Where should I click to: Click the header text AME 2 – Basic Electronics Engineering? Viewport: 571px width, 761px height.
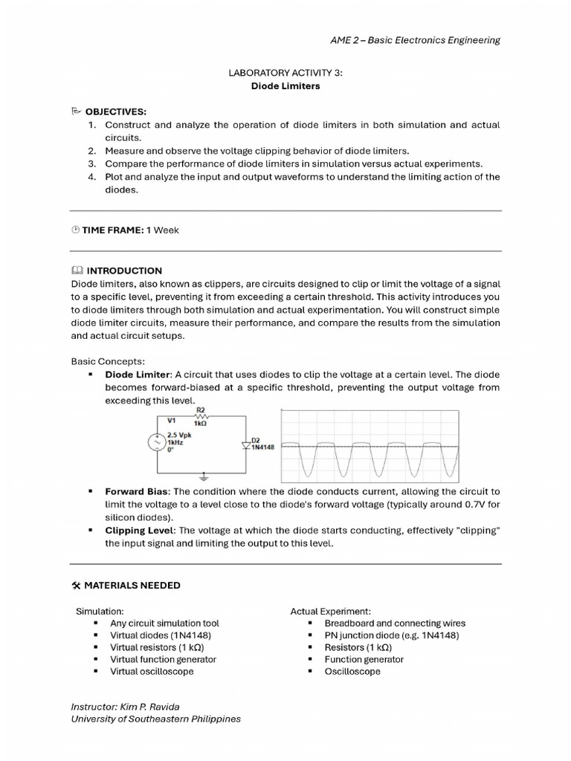415,40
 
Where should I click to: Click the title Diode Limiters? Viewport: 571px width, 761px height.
285,85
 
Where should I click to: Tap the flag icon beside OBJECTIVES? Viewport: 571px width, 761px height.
76,111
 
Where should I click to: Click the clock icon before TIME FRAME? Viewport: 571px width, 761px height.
75,230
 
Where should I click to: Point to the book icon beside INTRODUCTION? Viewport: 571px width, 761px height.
77,271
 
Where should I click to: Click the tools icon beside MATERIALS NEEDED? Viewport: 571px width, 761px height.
76,586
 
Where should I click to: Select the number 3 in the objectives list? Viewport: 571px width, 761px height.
92,163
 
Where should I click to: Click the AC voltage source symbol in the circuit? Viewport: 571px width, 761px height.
158,442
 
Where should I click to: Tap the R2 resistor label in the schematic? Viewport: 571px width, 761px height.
200,410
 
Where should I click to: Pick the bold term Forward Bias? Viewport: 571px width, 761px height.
137,492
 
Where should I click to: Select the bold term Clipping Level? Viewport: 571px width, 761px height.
138,531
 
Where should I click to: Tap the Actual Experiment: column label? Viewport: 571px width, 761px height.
330,611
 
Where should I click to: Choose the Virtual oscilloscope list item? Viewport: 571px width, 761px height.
152,671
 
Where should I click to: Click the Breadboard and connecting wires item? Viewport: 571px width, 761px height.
395,624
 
